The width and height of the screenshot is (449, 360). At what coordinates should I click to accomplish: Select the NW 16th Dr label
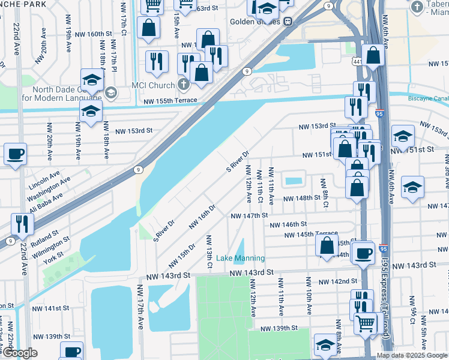(x=202, y=217)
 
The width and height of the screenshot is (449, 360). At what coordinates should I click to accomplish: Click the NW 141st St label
(x=52, y=308)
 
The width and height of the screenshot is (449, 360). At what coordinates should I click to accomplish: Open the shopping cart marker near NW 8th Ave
(x=365, y=324)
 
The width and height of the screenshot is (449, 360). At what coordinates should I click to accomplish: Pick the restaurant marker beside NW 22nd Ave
(x=22, y=224)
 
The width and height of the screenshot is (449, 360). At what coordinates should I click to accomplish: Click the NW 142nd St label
(x=337, y=281)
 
